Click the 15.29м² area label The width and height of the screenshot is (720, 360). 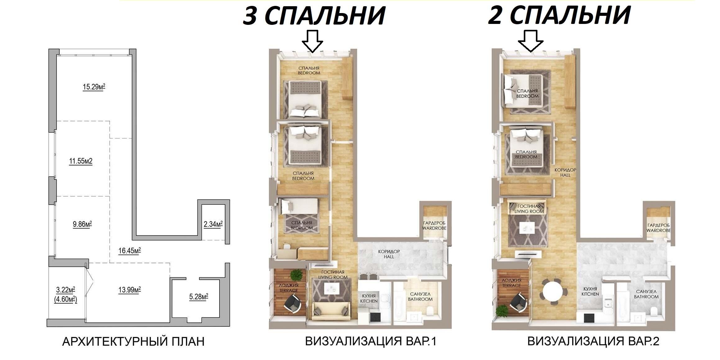pyautogui.click(x=94, y=87)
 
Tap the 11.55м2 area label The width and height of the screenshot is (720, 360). pyautogui.click(x=81, y=161)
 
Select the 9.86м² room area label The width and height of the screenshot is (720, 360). pyautogui.click(x=82, y=224)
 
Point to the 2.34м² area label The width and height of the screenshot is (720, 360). pyautogui.click(x=213, y=224)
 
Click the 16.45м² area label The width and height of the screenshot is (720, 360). pyautogui.click(x=129, y=250)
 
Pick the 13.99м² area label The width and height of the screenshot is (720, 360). pyautogui.click(x=129, y=290)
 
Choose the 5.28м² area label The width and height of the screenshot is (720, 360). pyautogui.click(x=199, y=297)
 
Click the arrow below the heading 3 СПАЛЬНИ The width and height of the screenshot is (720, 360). pyautogui.click(x=313, y=41)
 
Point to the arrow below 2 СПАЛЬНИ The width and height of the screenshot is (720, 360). pyautogui.click(x=531, y=41)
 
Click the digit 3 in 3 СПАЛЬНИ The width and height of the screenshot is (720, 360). pyautogui.click(x=250, y=16)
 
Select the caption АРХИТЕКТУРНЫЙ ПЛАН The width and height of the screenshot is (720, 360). pyautogui.click(x=134, y=342)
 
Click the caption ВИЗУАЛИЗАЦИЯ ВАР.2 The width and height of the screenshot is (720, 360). pyautogui.click(x=593, y=342)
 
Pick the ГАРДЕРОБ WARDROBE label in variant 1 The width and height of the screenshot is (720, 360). pyautogui.click(x=434, y=226)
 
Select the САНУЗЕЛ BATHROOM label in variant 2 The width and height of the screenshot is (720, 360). pyautogui.click(x=646, y=294)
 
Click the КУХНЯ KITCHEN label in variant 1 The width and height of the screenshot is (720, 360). pyautogui.click(x=369, y=298)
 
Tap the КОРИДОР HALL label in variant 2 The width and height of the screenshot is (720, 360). pyautogui.click(x=565, y=172)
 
